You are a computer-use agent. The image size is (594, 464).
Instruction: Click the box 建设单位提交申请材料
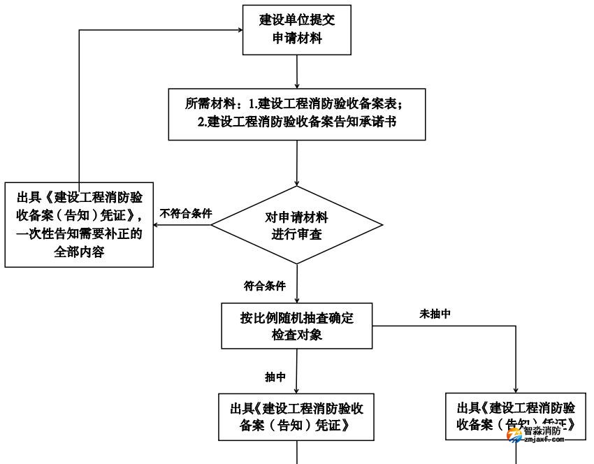coord(297,29)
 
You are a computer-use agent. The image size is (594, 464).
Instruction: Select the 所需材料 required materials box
coord(297,114)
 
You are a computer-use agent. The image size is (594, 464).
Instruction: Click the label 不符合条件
coord(186,213)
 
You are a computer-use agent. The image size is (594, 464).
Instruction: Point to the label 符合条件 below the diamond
coord(265,286)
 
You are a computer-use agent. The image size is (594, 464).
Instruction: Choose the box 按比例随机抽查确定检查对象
coord(297,326)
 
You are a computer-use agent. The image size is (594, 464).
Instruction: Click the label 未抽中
coord(434,314)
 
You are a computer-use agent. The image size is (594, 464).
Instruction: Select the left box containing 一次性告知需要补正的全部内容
coord(78,224)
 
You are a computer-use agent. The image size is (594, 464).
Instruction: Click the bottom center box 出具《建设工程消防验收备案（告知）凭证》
coord(297,417)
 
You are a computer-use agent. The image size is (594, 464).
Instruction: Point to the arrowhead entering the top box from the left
coord(237,30)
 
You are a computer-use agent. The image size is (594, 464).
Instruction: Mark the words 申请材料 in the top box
coord(297,39)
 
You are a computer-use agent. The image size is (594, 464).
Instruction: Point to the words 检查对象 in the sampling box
coord(297,335)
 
